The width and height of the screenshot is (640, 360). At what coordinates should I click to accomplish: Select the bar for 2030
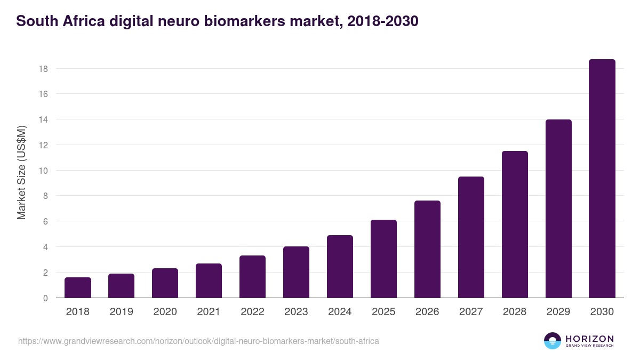click(602, 179)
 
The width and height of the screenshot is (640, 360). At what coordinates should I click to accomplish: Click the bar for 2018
click(78, 287)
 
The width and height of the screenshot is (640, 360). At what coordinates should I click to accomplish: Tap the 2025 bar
click(383, 259)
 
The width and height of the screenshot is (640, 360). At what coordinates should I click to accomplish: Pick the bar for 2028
click(515, 225)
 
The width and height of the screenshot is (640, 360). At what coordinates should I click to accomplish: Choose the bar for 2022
click(252, 277)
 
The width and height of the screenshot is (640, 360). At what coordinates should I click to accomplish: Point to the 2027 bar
click(471, 237)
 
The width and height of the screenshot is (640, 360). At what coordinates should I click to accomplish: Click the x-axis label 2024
click(340, 312)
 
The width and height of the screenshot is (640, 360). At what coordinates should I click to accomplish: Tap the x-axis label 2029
click(558, 312)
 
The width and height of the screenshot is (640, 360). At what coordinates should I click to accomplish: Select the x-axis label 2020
click(165, 312)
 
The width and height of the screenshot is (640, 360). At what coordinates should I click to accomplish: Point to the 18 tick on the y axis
click(43, 69)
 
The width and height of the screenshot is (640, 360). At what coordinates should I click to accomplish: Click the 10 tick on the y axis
click(43, 171)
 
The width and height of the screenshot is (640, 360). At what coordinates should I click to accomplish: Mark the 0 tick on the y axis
click(45, 298)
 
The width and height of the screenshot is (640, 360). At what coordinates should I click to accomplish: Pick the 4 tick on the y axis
click(45, 247)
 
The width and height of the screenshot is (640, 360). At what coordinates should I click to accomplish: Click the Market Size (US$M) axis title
click(21, 172)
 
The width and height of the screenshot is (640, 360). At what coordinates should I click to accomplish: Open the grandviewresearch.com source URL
click(198, 341)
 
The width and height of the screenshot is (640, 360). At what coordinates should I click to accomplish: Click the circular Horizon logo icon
click(553, 341)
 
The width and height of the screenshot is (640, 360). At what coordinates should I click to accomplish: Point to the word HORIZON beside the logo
click(589, 339)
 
